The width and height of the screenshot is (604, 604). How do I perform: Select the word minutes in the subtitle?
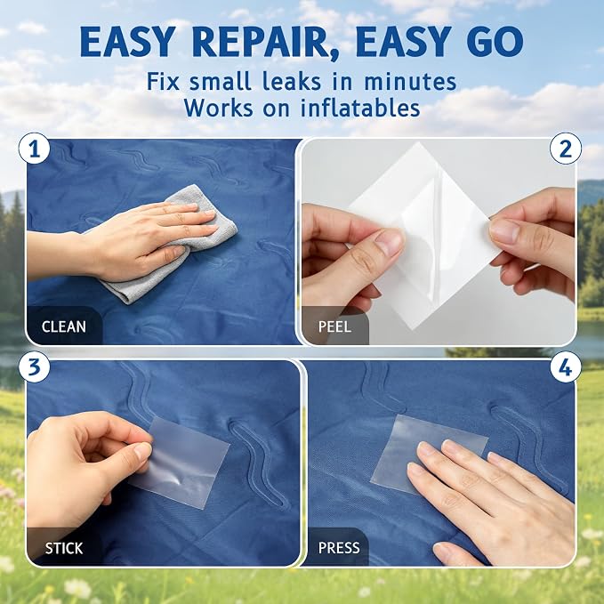point(410,82)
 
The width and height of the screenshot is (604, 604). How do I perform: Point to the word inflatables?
point(360,108)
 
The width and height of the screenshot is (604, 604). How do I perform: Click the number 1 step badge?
point(35,149)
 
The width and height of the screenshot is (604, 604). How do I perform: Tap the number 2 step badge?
point(566,149)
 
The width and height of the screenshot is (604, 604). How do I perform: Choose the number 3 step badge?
point(35,366)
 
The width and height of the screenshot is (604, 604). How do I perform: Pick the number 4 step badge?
point(566,368)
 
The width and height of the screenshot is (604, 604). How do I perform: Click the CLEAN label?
point(63,327)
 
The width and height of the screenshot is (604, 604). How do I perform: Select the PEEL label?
point(334,327)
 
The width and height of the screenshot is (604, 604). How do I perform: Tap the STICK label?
point(63,548)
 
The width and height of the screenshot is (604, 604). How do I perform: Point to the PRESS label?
point(339,548)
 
